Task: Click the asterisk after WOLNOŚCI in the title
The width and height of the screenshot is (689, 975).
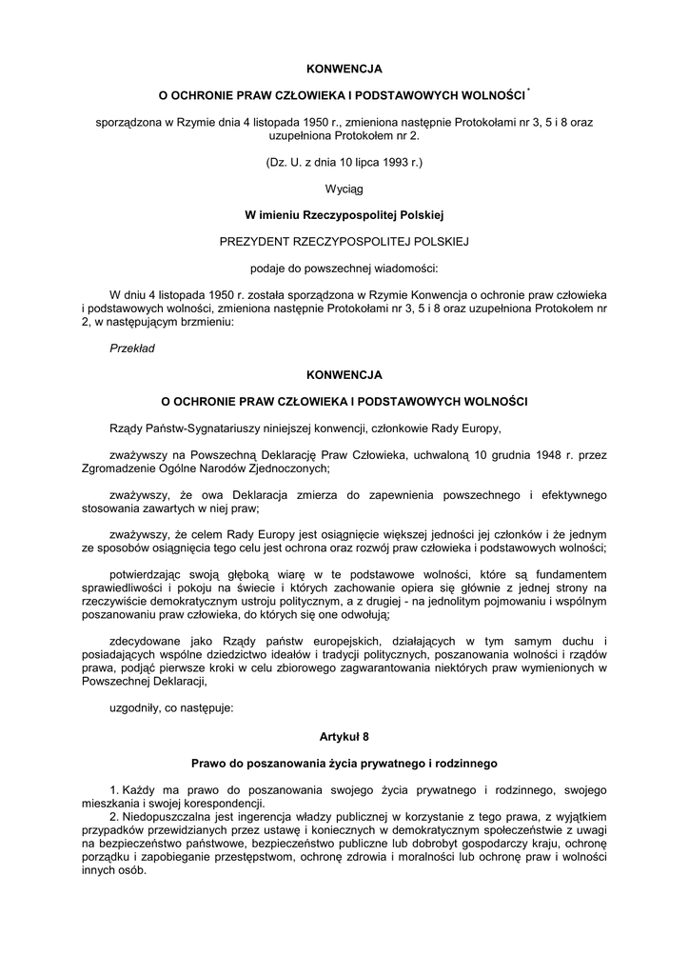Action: click(528, 92)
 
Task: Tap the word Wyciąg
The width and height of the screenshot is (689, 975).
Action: click(344, 189)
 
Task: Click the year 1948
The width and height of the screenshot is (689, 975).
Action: click(538, 454)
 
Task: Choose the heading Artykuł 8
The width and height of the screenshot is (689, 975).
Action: click(344, 736)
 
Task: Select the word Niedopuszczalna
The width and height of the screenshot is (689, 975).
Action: click(167, 816)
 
